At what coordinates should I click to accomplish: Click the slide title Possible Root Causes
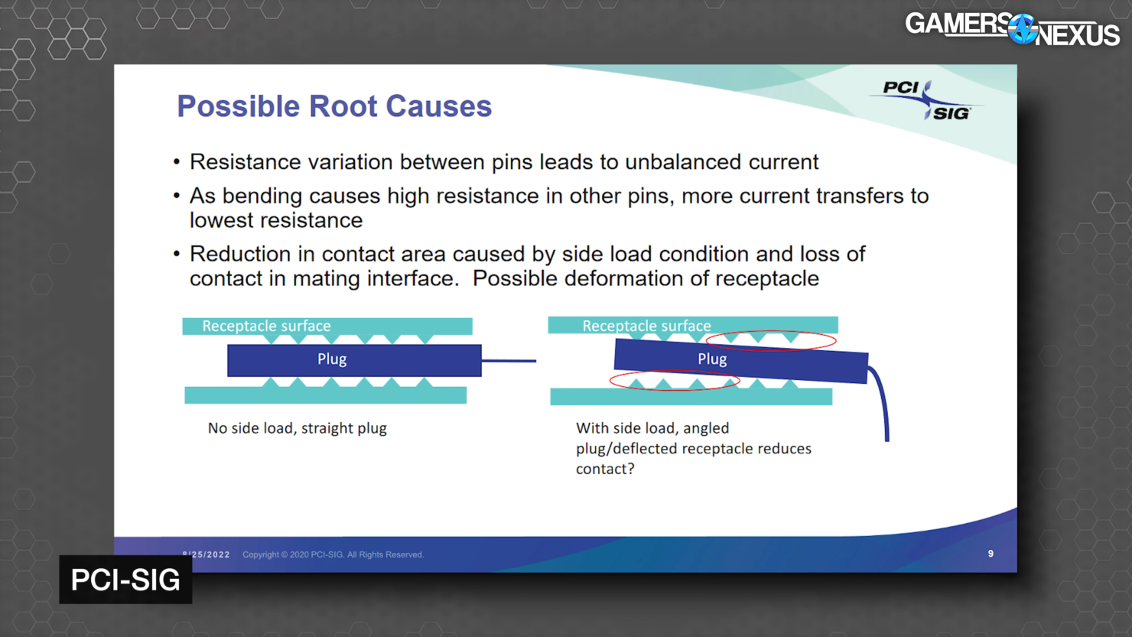pos(334,106)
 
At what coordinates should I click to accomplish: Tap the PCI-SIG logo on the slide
pos(925,100)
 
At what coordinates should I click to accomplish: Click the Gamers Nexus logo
pos(1012,29)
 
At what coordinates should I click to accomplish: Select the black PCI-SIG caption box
pos(125,580)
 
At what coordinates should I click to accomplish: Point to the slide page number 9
pos(990,554)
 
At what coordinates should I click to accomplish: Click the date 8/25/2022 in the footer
pos(207,554)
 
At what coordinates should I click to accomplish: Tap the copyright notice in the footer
pos(333,554)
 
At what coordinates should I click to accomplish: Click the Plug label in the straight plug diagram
pos(332,359)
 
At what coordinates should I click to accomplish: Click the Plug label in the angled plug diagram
pos(712,359)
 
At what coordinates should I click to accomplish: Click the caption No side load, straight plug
pos(297,428)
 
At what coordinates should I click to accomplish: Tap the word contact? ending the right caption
pos(605,469)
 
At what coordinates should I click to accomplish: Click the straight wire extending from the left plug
pos(509,361)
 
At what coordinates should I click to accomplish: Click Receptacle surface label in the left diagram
pos(266,326)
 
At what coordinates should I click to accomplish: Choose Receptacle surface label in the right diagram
pos(646,326)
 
